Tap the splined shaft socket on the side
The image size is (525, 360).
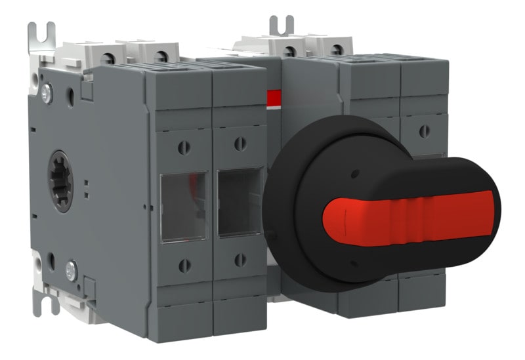click(x=60, y=181)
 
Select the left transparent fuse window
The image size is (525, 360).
click(x=184, y=207)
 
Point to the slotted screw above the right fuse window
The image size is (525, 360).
click(x=240, y=144)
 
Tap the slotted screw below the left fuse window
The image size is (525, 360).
click(x=184, y=266)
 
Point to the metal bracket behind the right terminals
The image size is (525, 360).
click(x=281, y=26)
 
